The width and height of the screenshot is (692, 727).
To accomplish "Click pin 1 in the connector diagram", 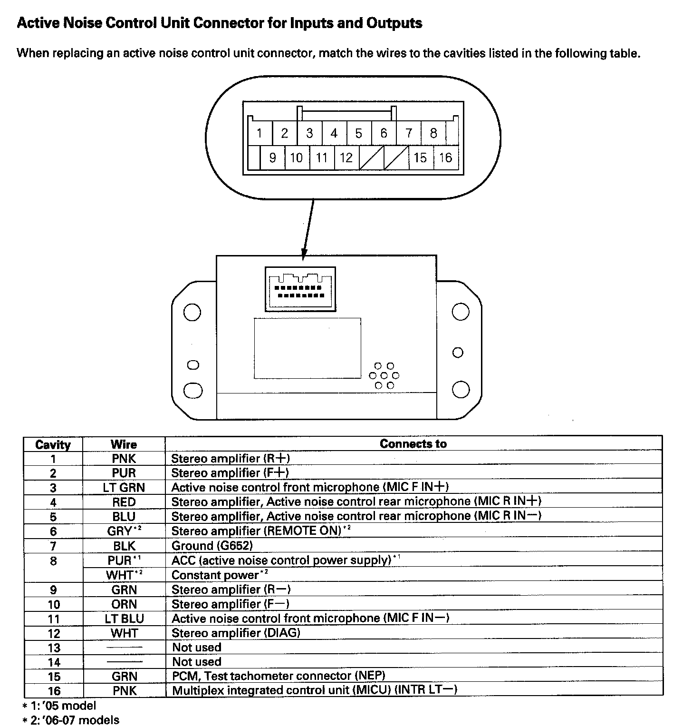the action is coord(259,133).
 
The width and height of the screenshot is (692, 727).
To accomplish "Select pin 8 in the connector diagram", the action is coord(433,133).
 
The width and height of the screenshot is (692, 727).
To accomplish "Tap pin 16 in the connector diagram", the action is coord(445,157).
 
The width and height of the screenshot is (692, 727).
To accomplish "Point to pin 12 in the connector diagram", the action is coord(346,157).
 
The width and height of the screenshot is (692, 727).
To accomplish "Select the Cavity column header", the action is coord(53,445).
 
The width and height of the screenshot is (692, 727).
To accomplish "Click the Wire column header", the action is coord(124,444).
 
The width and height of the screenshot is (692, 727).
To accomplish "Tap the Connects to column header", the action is coord(413,444).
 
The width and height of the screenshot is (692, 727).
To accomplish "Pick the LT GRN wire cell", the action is coord(124,488).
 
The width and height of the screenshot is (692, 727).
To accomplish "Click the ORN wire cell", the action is coord(124,604).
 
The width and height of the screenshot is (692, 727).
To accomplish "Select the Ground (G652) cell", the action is coord(212,546).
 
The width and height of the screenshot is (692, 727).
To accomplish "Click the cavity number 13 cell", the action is coord(54,648).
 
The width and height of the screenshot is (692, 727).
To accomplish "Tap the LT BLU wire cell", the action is coord(124,619).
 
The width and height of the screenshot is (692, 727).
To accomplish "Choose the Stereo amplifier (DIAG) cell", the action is coord(236,633).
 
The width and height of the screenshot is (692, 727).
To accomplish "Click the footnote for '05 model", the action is coord(59,706).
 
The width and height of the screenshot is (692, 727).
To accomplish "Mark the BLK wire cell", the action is coord(124,546).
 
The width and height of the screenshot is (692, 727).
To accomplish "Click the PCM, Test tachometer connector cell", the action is coord(279,676).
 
